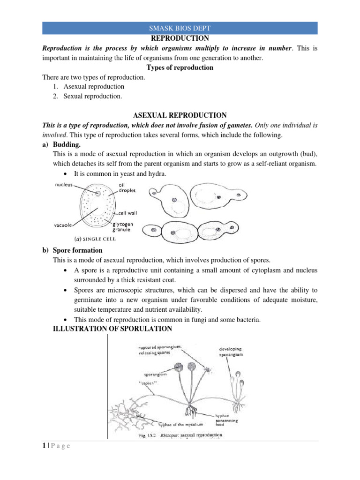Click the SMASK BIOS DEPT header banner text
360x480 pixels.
click(180, 29)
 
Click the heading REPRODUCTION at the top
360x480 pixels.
click(180, 38)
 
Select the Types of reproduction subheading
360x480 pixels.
click(180, 67)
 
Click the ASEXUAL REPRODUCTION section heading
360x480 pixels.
click(180, 115)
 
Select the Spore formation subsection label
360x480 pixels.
click(77, 250)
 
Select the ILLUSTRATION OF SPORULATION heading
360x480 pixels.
click(111, 329)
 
